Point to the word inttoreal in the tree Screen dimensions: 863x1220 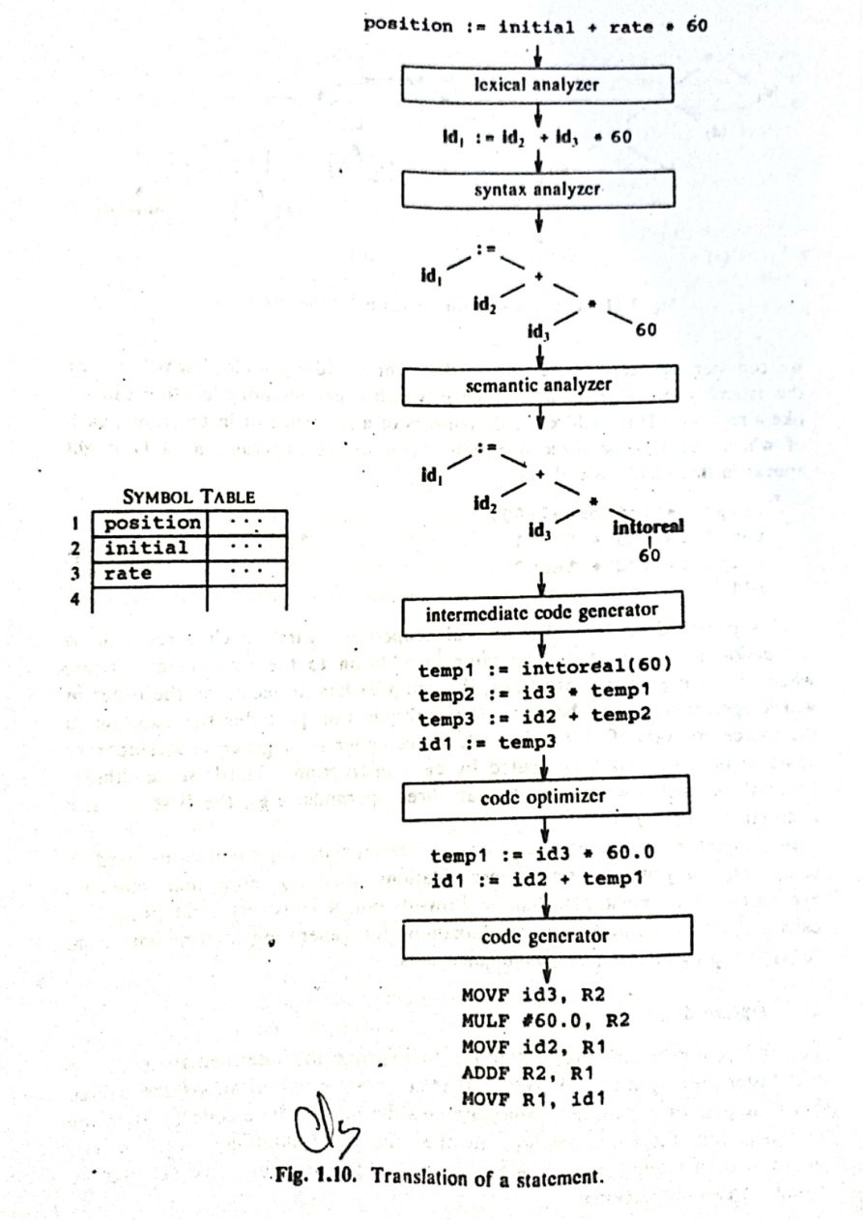[x=647, y=527]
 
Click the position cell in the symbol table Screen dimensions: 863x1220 [x=151, y=524]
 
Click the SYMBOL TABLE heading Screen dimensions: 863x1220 [x=188, y=497]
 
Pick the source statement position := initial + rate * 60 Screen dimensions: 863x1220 [x=536, y=26]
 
